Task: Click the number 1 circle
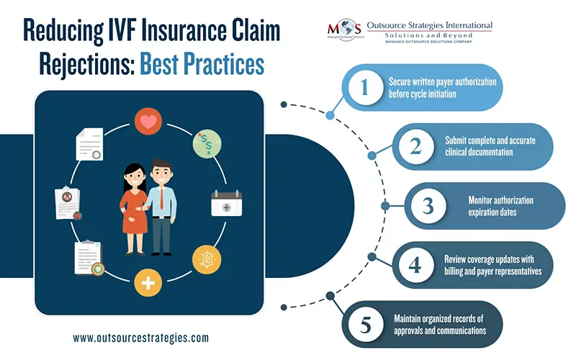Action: (364, 88)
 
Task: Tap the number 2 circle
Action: (415, 146)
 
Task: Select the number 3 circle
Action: (428, 205)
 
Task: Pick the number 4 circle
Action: (415, 264)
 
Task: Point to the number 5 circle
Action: (364, 323)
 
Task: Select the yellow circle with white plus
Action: (148, 283)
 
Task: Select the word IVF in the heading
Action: (127, 31)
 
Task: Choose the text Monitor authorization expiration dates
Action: (499, 205)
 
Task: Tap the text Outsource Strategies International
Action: (429, 26)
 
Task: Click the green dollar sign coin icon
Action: (207, 141)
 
